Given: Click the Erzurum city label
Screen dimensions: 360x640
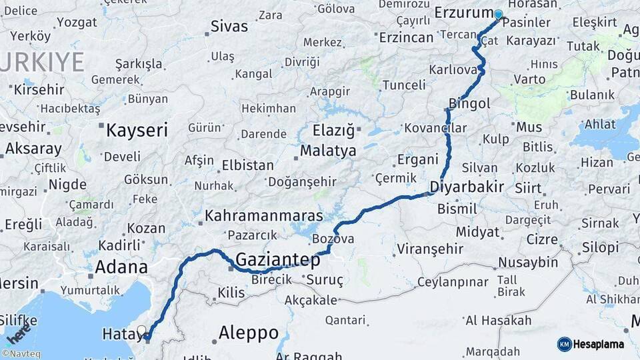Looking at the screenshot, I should (463, 13).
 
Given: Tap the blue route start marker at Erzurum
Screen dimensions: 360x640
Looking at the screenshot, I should (498, 14).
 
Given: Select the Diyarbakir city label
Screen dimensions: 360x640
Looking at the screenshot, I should (467, 187).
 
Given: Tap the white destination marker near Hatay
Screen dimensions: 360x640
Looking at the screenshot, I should (141, 330).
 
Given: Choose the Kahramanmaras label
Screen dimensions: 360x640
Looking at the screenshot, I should (263, 216).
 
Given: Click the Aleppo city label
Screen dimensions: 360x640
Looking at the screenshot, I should (249, 333).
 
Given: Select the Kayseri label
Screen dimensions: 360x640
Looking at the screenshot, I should (137, 130).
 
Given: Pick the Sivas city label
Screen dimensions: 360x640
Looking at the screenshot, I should (229, 27).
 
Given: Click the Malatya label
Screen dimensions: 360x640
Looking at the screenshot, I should (328, 151).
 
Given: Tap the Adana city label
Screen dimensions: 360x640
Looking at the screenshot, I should (121, 267).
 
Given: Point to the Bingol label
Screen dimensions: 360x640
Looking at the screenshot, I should (469, 103).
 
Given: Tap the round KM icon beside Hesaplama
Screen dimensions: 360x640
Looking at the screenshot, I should (564, 344).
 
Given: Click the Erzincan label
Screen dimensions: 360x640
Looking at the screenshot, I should (406, 37).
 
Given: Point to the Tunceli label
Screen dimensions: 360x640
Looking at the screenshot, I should (403, 85).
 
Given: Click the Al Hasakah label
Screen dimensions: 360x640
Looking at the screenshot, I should (499, 321).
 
